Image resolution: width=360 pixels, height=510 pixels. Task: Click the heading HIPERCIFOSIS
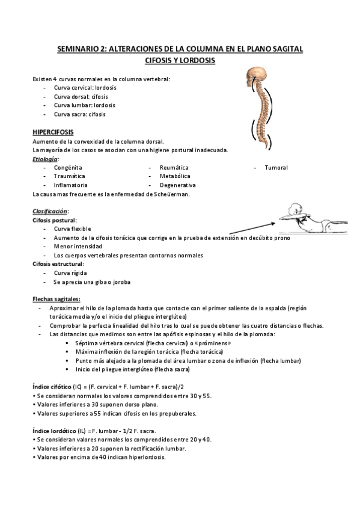pyautogui.click(x=53, y=132)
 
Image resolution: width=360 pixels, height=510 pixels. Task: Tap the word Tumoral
pyautogui.click(x=276, y=167)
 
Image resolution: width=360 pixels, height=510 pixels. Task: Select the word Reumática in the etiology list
pyautogui.click(x=174, y=167)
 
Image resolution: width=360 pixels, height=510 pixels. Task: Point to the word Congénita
pyautogui.click(x=68, y=167)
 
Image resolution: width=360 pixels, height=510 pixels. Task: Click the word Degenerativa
pyautogui.click(x=177, y=185)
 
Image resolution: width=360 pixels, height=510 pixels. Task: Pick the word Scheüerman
pyautogui.click(x=172, y=194)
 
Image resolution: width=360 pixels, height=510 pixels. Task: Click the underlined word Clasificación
pyautogui.click(x=50, y=212)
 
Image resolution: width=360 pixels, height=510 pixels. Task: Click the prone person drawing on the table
pyautogui.click(x=307, y=220)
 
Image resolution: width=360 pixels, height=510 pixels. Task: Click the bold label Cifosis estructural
pyautogui.click(x=58, y=264)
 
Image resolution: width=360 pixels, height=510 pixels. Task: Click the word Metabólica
pyautogui.click(x=175, y=176)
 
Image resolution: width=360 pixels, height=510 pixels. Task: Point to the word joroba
pyautogui.click(x=120, y=281)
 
